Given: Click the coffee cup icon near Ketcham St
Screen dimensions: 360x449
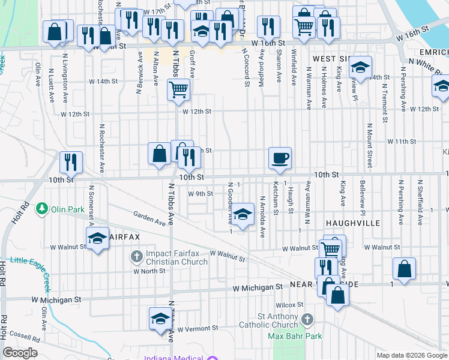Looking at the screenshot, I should click(280, 158).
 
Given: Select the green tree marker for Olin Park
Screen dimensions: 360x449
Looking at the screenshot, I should click(42, 209).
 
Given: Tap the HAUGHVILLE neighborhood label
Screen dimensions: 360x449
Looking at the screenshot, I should click(353, 223).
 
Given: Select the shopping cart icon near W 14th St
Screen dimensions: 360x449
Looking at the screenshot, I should click(178, 91).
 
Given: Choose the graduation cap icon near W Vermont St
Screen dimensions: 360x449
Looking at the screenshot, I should click(160, 318).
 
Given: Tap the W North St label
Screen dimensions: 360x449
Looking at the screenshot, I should click(149, 271).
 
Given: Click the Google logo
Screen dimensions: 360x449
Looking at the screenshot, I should click(20, 353).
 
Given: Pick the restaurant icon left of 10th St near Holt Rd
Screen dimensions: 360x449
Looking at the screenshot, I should click(71, 162).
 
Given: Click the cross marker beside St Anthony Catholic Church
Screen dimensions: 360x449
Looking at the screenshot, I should click(308, 319).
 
